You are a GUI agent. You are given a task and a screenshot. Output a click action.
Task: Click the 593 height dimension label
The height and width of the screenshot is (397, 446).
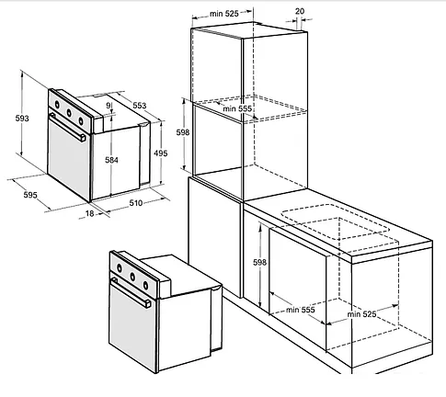[22, 118]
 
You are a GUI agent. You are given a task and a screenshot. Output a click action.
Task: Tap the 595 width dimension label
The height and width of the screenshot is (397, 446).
[30, 195]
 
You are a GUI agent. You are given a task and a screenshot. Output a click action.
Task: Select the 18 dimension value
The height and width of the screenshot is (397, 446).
[89, 213]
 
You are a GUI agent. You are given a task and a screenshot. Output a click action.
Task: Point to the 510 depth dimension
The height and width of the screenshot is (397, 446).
[136, 203]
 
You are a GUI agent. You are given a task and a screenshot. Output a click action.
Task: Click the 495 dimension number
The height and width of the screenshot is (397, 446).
[161, 153]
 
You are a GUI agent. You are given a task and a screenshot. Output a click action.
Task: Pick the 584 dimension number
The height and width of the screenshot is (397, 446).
[111, 160]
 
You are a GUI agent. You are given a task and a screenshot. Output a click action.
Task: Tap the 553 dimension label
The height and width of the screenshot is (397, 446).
[140, 106]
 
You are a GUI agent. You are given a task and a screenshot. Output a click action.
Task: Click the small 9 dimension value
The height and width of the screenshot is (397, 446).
[108, 105]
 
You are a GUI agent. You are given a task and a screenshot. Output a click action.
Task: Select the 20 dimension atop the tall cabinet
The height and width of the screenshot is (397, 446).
[300, 11]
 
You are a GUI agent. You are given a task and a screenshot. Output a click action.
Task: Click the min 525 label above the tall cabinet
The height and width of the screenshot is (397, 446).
[224, 14]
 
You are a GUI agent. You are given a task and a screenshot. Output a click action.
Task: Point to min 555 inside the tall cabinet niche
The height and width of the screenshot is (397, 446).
[237, 108]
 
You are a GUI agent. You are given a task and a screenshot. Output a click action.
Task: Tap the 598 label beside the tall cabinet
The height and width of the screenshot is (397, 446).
[183, 132]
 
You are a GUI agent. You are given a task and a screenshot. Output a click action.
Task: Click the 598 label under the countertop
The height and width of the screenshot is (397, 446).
[259, 262]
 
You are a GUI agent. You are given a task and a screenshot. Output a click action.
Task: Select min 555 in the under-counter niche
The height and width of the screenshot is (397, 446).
[301, 310]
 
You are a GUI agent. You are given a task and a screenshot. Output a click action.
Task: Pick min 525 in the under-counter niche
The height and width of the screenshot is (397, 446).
[361, 314]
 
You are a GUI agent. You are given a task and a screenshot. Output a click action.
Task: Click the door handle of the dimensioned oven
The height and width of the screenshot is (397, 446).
[68, 128]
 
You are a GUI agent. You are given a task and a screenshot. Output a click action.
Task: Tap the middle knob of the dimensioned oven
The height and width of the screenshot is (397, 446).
[69, 113]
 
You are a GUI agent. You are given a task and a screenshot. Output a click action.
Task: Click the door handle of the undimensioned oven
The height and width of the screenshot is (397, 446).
[132, 293]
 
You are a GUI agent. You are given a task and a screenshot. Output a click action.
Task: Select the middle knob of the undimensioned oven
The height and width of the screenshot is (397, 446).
[132, 278]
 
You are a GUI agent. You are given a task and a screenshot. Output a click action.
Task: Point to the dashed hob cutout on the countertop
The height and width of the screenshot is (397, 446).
[335, 222]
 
